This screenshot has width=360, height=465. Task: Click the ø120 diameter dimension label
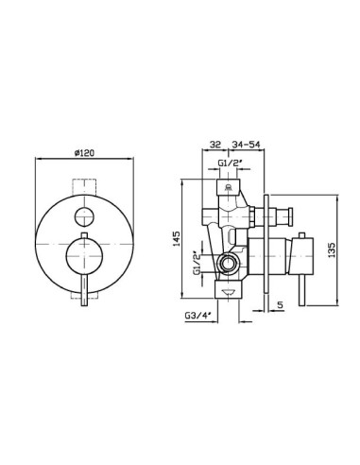pyautogui.click(x=84, y=153)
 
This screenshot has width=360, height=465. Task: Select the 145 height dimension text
pyautogui.click(x=177, y=239)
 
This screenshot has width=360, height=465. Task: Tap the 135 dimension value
pyautogui.click(x=332, y=250)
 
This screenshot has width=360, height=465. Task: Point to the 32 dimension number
pyautogui.click(x=215, y=145)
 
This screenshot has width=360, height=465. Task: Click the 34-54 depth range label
pyautogui.click(x=246, y=145)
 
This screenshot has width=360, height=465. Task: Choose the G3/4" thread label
pyautogui.click(x=197, y=315)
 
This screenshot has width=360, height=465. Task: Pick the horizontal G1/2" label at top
pyautogui.click(x=230, y=163)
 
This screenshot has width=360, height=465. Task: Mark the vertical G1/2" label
pyautogui.click(x=197, y=263)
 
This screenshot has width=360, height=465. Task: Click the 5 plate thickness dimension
pyautogui.click(x=281, y=304)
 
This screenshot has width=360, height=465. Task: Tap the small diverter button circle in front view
pyautogui.click(x=84, y=217)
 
